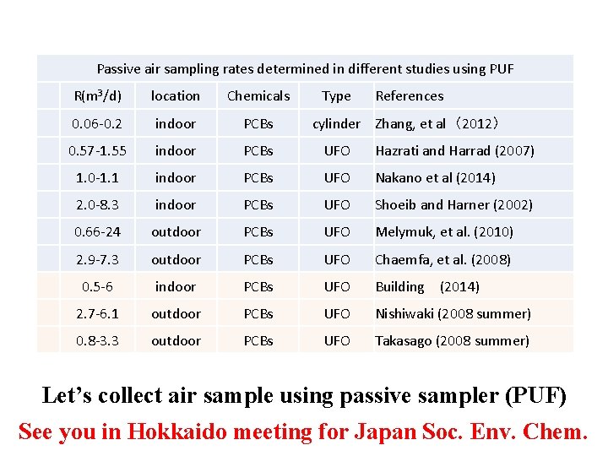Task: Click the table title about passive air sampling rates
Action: pos(305,68)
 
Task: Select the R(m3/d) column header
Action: pos(98,95)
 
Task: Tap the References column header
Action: pos(410,95)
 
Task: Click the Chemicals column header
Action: pos(258,95)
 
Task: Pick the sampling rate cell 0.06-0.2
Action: pos(98,123)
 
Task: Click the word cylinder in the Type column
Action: pos(336,123)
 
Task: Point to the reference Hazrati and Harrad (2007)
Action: pos(454,150)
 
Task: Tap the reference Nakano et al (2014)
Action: pos(435,177)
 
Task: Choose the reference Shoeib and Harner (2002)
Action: pos(453,204)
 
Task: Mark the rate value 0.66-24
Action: pos(98,231)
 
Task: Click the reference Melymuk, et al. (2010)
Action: pos(444,231)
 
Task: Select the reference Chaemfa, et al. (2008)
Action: pos(442,259)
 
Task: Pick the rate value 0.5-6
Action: pos(98,286)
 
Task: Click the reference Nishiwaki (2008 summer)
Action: pos(453,313)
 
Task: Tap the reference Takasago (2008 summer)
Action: pos(452,340)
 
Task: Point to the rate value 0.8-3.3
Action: pos(98,340)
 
